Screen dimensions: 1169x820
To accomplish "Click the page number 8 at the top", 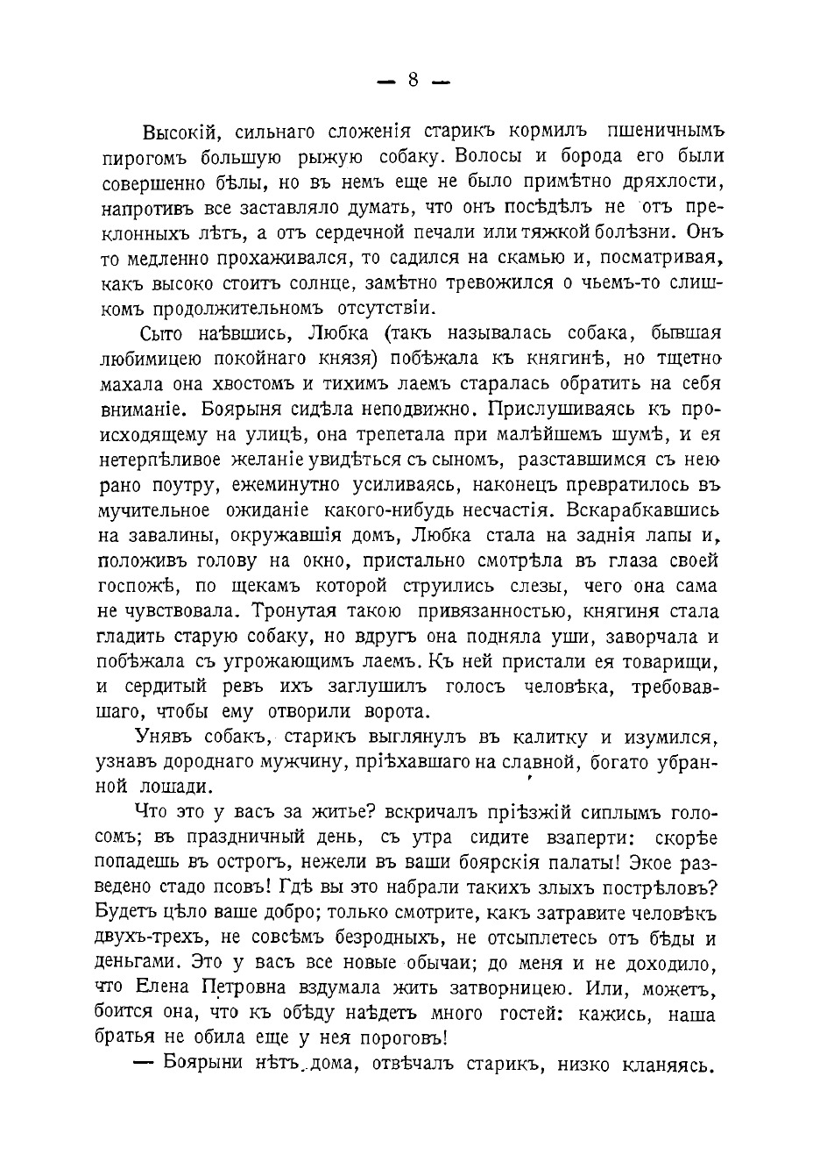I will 413,81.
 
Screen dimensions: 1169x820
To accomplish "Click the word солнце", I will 339,283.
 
